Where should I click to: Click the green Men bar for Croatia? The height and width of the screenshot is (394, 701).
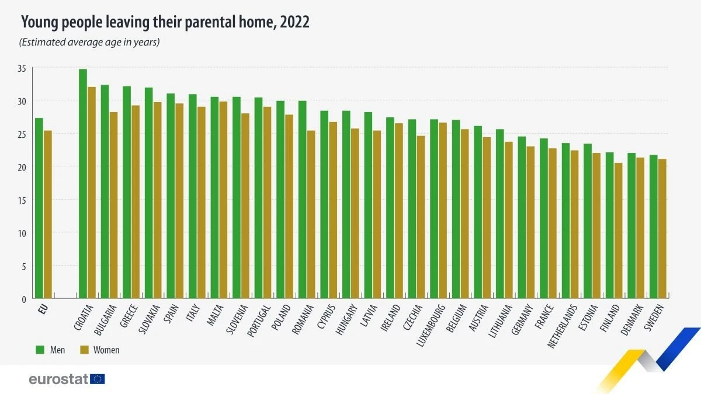83,184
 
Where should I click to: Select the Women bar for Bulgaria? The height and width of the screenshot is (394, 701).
113,205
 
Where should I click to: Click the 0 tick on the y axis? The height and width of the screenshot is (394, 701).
24,299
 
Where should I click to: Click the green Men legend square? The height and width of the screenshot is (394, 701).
40,350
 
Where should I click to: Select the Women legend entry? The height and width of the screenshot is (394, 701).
99,350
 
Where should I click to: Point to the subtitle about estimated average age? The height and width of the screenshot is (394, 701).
89,42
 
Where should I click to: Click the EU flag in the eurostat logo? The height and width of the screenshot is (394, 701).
98,379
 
